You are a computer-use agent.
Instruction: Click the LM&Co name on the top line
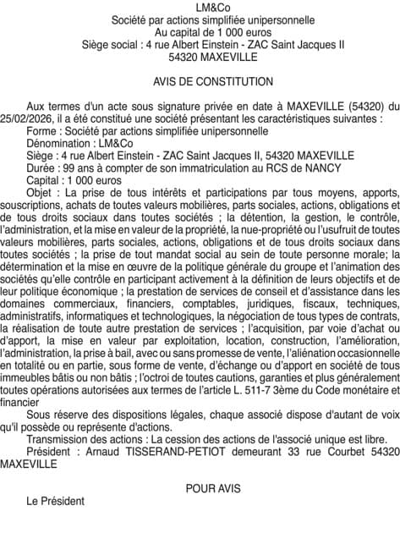(200, 8)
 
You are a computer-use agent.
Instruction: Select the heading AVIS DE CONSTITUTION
(200, 82)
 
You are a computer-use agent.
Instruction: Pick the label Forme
(41, 132)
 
